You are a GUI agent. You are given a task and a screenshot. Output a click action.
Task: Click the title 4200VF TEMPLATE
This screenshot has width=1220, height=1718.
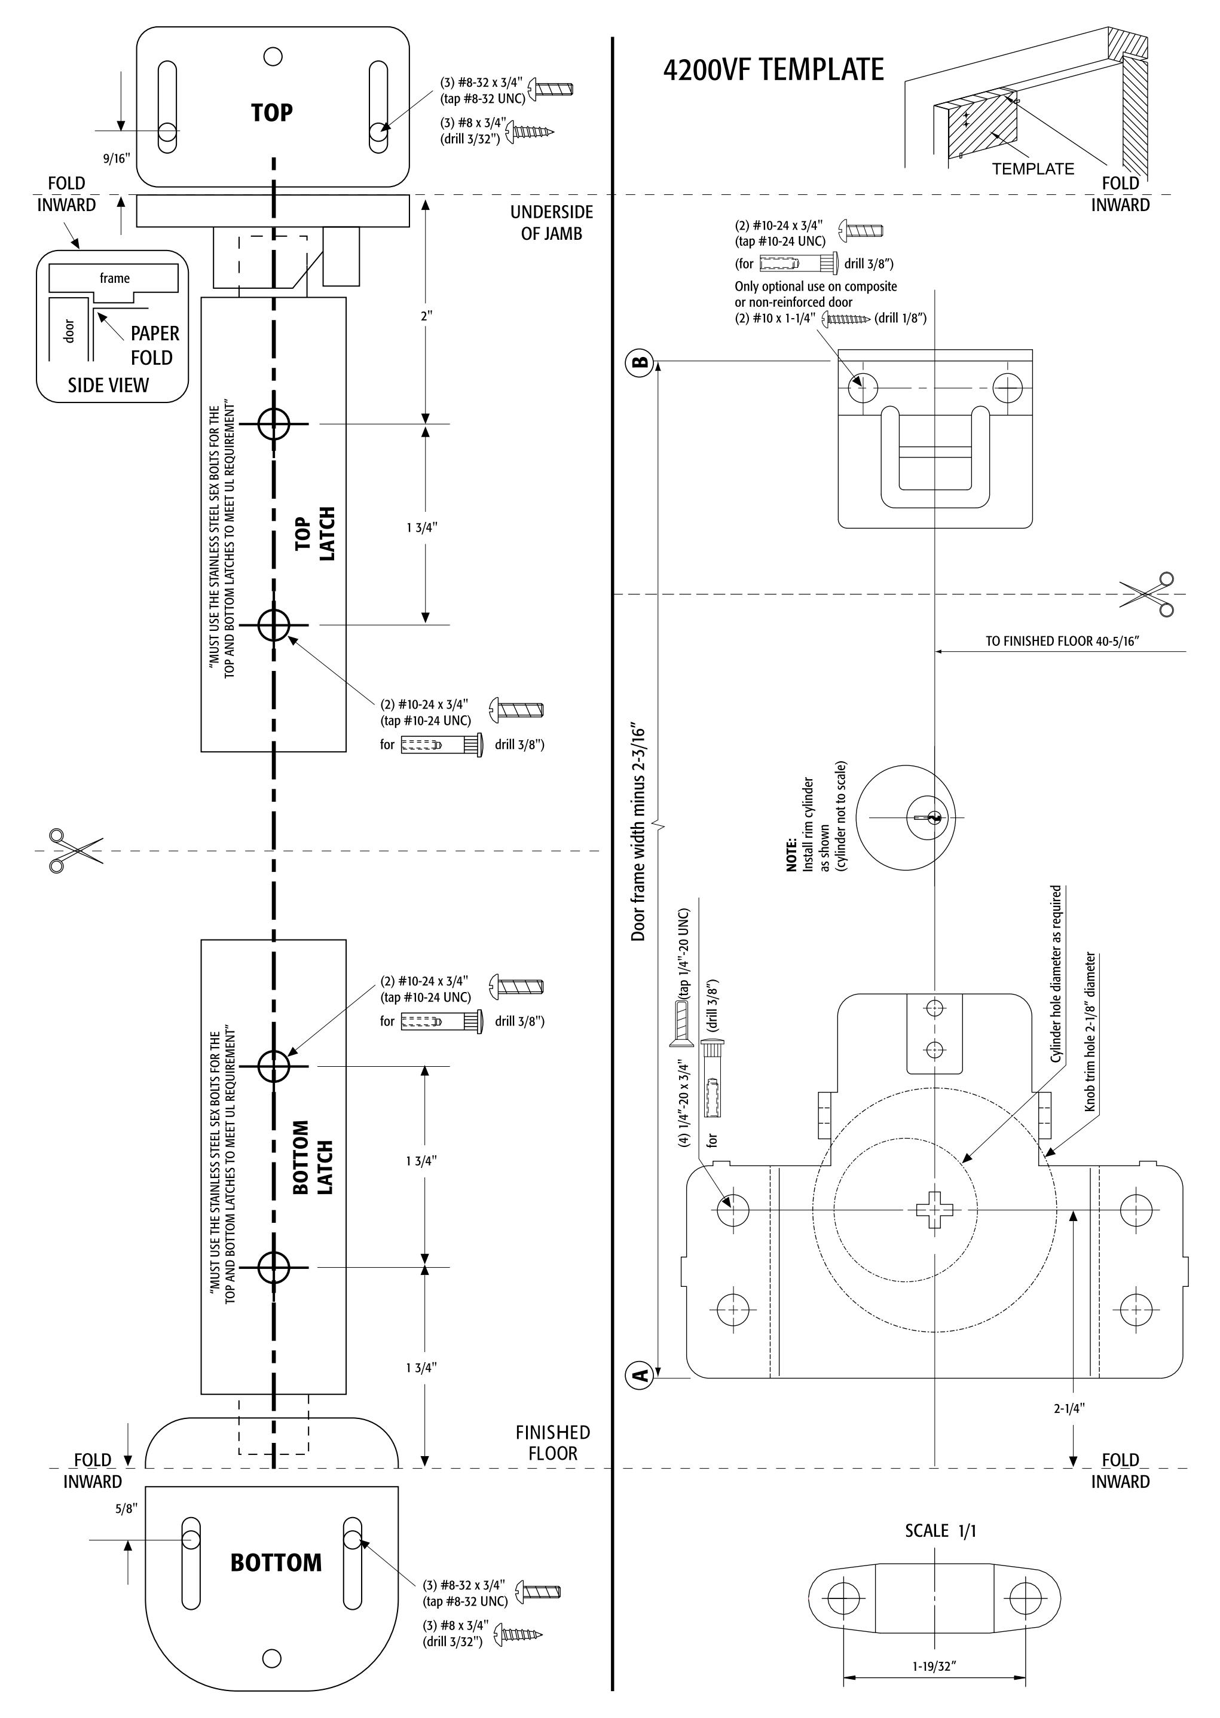(773, 70)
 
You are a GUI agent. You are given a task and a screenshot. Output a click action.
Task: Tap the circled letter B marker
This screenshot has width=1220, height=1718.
(640, 362)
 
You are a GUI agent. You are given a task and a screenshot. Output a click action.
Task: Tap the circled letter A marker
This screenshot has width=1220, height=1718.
(640, 1377)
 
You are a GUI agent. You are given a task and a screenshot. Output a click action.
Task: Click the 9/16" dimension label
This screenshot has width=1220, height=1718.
(117, 158)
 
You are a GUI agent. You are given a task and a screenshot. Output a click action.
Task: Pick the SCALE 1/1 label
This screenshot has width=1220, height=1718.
(940, 1531)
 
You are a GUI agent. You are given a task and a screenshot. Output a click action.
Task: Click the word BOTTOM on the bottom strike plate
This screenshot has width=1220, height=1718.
(276, 1563)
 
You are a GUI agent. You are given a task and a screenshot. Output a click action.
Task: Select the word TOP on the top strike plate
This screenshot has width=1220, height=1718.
(272, 113)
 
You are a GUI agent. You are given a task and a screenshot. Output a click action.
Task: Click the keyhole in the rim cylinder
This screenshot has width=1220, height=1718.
(934, 817)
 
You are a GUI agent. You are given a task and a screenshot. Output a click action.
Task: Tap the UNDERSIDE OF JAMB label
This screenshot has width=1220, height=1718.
(551, 222)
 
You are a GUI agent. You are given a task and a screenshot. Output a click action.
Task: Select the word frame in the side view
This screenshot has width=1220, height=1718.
(114, 278)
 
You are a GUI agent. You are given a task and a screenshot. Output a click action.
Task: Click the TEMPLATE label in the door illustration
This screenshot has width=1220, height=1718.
(1033, 169)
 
